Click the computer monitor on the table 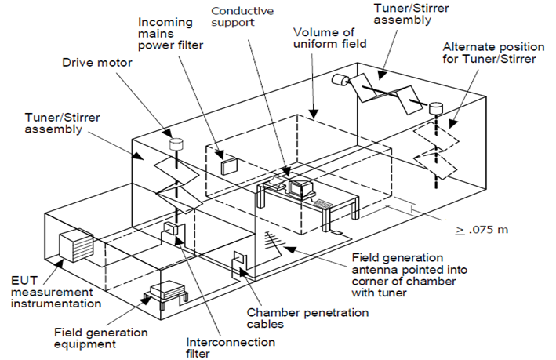[300, 188]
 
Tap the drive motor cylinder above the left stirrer [176, 144]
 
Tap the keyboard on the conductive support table [323, 203]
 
